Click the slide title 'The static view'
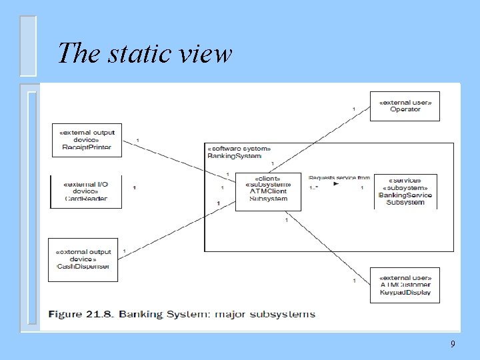pos(145,53)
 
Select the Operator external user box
pos(405,106)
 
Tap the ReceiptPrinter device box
pos(87,140)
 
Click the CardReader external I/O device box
pos(86,191)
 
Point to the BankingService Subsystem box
pos(405,191)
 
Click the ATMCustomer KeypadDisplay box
pos(405,285)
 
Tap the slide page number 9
pos(453,344)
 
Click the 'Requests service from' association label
pos(339,178)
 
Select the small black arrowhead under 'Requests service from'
pos(335,184)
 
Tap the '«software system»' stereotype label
pos(239,149)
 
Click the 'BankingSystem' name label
pos(234,156)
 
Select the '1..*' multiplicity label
pos(313,188)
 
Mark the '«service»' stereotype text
pos(407,180)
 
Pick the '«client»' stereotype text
pos(268,177)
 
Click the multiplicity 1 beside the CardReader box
pos(135,188)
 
